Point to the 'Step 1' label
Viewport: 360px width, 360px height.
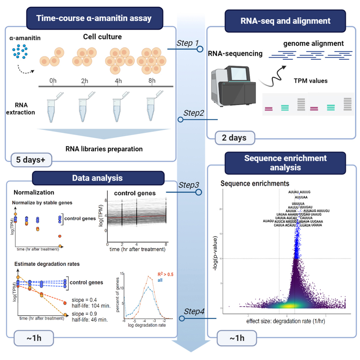tap(187, 43)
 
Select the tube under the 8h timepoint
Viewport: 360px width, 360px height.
tap(153, 106)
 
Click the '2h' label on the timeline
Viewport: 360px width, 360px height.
tap(84, 81)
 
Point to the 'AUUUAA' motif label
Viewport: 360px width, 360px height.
tap(301, 197)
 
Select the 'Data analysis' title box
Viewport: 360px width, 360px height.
tap(98, 178)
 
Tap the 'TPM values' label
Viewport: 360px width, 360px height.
tap(310, 81)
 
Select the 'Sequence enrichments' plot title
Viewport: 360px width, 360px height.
tap(255, 183)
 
